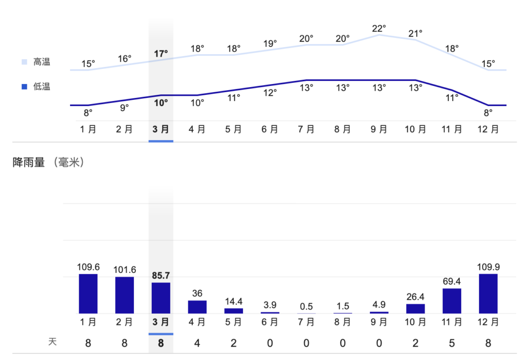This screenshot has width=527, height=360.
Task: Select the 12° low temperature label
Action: (270, 93)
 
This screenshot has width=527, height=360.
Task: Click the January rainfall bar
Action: (88, 294)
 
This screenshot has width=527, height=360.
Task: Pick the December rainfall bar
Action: (488, 294)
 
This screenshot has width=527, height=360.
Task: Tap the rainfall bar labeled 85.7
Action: (161, 298)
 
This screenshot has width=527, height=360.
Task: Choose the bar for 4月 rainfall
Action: (197, 307)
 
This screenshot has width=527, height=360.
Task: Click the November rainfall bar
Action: (452, 301)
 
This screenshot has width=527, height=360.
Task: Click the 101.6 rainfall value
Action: (124, 269)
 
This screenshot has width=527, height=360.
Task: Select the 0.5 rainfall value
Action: (306, 306)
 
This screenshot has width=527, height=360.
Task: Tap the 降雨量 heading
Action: (29, 163)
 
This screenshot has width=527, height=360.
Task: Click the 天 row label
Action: (52, 342)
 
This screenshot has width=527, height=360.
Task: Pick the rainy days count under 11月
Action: (452, 342)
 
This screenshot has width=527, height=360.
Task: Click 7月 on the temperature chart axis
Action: (306, 129)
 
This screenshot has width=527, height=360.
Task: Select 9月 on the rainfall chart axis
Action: (379, 322)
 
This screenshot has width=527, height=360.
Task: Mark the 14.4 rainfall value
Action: (234, 301)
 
